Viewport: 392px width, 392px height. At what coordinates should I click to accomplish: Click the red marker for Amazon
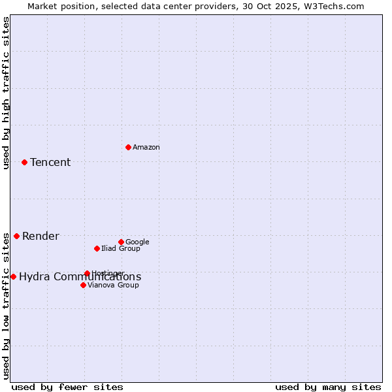point(128,147)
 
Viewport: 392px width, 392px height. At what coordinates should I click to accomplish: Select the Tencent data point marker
point(24,162)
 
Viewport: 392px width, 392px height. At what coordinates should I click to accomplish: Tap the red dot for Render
point(16,236)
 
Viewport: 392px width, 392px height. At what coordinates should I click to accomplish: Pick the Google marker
point(121,242)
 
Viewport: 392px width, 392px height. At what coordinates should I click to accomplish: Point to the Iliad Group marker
point(97,248)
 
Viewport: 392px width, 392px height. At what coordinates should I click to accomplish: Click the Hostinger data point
point(87,273)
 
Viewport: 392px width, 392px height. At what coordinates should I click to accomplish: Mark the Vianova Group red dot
point(83,285)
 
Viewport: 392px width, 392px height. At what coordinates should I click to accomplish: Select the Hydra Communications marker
point(13,276)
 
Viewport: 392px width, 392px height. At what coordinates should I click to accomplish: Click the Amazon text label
point(146,148)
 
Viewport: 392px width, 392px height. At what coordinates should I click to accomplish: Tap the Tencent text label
point(50,163)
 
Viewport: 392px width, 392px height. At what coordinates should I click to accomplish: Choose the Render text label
point(41,237)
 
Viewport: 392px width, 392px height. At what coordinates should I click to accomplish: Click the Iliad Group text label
point(121,249)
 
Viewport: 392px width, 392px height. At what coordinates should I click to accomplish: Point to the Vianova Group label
point(113,286)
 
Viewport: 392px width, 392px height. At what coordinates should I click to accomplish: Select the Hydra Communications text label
point(80,277)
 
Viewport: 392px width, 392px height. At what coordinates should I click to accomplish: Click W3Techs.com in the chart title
point(335,7)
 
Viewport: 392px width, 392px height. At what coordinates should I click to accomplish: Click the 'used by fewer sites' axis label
point(67,387)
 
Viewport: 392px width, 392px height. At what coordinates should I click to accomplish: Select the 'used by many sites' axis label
point(328,387)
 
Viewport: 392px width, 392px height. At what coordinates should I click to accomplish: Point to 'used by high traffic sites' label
point(6,93)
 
